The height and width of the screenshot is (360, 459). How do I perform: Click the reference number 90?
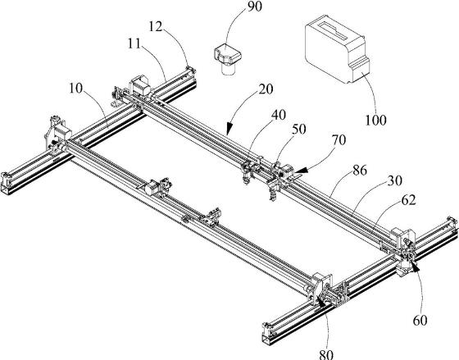point(254,7)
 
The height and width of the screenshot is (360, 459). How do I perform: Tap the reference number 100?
point(375,120)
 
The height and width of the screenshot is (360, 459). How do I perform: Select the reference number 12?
point(156,27)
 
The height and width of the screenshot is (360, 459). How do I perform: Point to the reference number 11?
point(134,43)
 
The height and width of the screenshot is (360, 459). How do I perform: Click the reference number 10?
point(76,89)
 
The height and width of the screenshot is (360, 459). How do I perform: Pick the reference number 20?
point(266,89)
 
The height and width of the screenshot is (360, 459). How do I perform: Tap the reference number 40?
point(279,115)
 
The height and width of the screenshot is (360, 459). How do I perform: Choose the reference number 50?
point(298,129)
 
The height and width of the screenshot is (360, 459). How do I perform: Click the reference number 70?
point(339,140)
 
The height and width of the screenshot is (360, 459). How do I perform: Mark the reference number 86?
point(360,171)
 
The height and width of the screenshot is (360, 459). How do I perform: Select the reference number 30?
point(395,180)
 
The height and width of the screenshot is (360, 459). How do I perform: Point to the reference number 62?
point(409,200)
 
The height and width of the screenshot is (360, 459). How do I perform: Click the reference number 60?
point(420,321)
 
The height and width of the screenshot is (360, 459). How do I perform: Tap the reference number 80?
point(326,355)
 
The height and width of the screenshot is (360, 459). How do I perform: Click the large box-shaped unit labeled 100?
point(337,52)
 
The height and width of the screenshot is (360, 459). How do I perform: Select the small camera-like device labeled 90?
point(227,59)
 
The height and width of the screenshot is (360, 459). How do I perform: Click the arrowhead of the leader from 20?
point(229,128)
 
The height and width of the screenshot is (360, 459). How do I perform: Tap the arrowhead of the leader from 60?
point(415,266)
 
